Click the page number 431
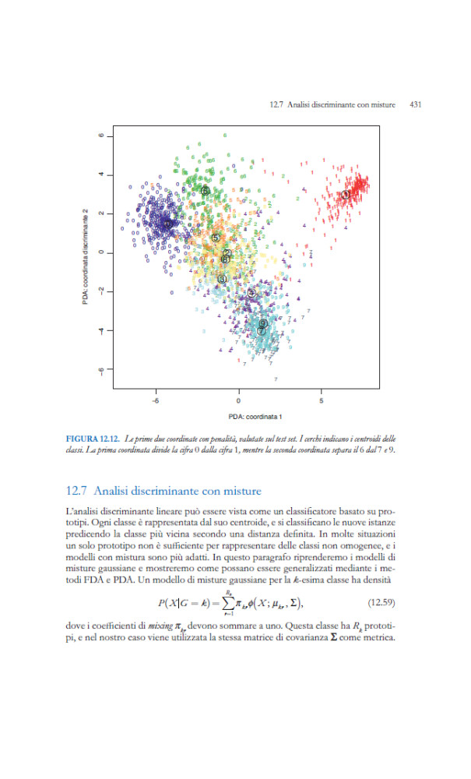(414, 104)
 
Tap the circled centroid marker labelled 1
(345, 195)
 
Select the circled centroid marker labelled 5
(215, 238)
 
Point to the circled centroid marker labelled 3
(222, 279)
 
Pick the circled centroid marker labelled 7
(261, 330)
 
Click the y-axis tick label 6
(101, 135)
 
